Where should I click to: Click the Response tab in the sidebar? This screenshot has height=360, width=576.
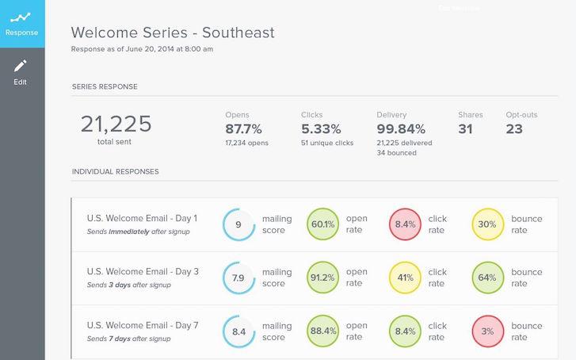pos(22,23)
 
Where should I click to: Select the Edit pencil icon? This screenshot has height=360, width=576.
pos(21,65)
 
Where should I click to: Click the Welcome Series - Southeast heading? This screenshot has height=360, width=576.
pos(173,33)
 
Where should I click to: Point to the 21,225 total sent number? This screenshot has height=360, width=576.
pos(116,124)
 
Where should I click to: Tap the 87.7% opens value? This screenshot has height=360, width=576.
pos(243,128)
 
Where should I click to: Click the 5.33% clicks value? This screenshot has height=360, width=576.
pos(321,128)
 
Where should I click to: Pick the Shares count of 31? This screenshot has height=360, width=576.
pos(466,128)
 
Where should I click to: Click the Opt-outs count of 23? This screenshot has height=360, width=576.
pos(514,128)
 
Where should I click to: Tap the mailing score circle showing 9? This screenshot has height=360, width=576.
pos(238,224)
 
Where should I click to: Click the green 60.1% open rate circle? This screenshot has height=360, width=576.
pos(322,224)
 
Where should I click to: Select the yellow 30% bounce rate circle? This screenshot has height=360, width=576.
pos(487,224)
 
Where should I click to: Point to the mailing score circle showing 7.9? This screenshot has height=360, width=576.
pos(238,278)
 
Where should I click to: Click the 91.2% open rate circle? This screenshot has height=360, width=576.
pos(322,278)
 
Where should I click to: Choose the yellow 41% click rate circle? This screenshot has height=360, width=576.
pos(405,278)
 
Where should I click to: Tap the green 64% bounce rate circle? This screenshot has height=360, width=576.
pos(487,278)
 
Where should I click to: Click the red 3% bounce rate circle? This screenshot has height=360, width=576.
pos(487,331)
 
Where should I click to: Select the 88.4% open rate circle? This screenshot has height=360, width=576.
pos(322,331)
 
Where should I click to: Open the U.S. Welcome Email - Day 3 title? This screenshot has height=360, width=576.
pos(143,272)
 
